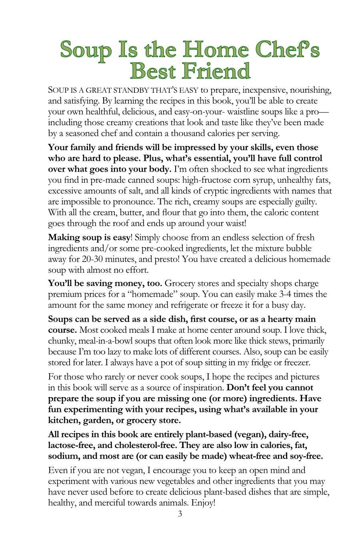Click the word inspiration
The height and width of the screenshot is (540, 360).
coord(200,388)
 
